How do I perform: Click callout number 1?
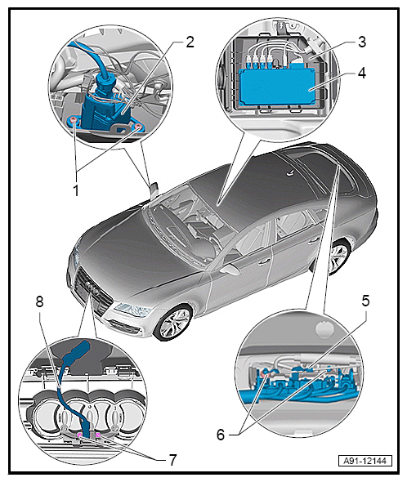(x=76, y=190)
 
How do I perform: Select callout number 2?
(x=190, y=42)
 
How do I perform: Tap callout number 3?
(x=362, y=42)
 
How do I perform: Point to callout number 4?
(x=362, y=74)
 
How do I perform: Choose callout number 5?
(x=365, y=301)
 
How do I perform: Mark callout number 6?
(x=221, y=435)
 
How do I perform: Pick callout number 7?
(x=172, y=460)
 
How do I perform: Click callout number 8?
(x=40, y=301)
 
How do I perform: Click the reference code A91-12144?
(x=365, y=461)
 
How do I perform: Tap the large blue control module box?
(x=276, y=87)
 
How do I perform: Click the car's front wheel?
(x=174, y=323)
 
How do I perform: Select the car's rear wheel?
(x=337, y=258)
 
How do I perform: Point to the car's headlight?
(x=135, y=309)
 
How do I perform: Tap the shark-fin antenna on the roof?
(x=290, y=174)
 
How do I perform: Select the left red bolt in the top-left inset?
(x=74, y=120)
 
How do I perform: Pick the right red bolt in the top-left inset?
(x=139, y=127)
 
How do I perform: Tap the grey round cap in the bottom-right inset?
(x=324, y=329)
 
